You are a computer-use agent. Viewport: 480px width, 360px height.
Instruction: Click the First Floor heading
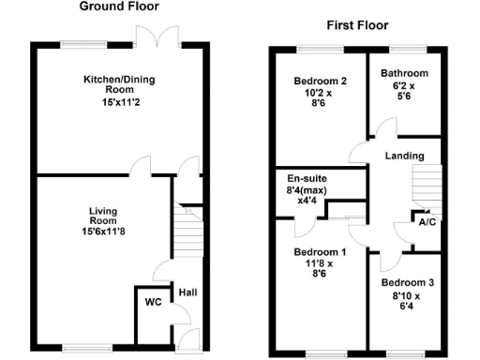[x=357, y=25]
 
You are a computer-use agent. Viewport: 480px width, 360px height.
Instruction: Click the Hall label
[x=188, y=292]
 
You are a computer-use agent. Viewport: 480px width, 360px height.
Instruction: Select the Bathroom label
[x=405, y=74]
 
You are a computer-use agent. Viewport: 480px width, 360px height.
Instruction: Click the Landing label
[x=404, y=156]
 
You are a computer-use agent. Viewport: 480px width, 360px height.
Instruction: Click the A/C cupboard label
[x=427, y=223]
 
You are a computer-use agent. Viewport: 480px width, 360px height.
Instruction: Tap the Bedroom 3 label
[x=405, y=282]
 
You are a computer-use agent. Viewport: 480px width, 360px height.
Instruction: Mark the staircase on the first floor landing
[x=427, y=186]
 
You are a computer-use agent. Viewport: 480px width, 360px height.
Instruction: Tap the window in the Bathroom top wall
[x=404, y=48]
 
